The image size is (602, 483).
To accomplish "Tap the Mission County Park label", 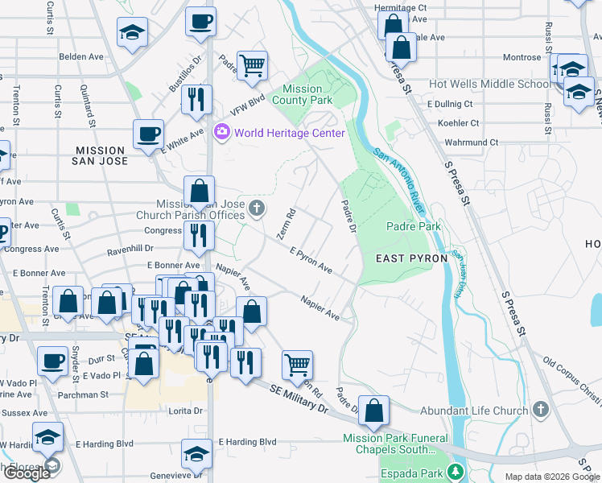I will click(302, 95).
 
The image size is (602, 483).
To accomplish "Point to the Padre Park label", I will click(414, 226).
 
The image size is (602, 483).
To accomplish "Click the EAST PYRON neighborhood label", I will click(407, 258).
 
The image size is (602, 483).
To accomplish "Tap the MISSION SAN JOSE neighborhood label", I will click(101, 156).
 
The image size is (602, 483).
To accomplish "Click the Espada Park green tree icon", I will click(457, 471).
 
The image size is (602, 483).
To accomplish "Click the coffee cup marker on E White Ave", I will click(149, 135).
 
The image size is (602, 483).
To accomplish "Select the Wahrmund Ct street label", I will click(472, 142).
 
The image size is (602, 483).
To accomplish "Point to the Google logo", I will click(27, 473).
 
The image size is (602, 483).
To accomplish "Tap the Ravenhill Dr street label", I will click(131, 250).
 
